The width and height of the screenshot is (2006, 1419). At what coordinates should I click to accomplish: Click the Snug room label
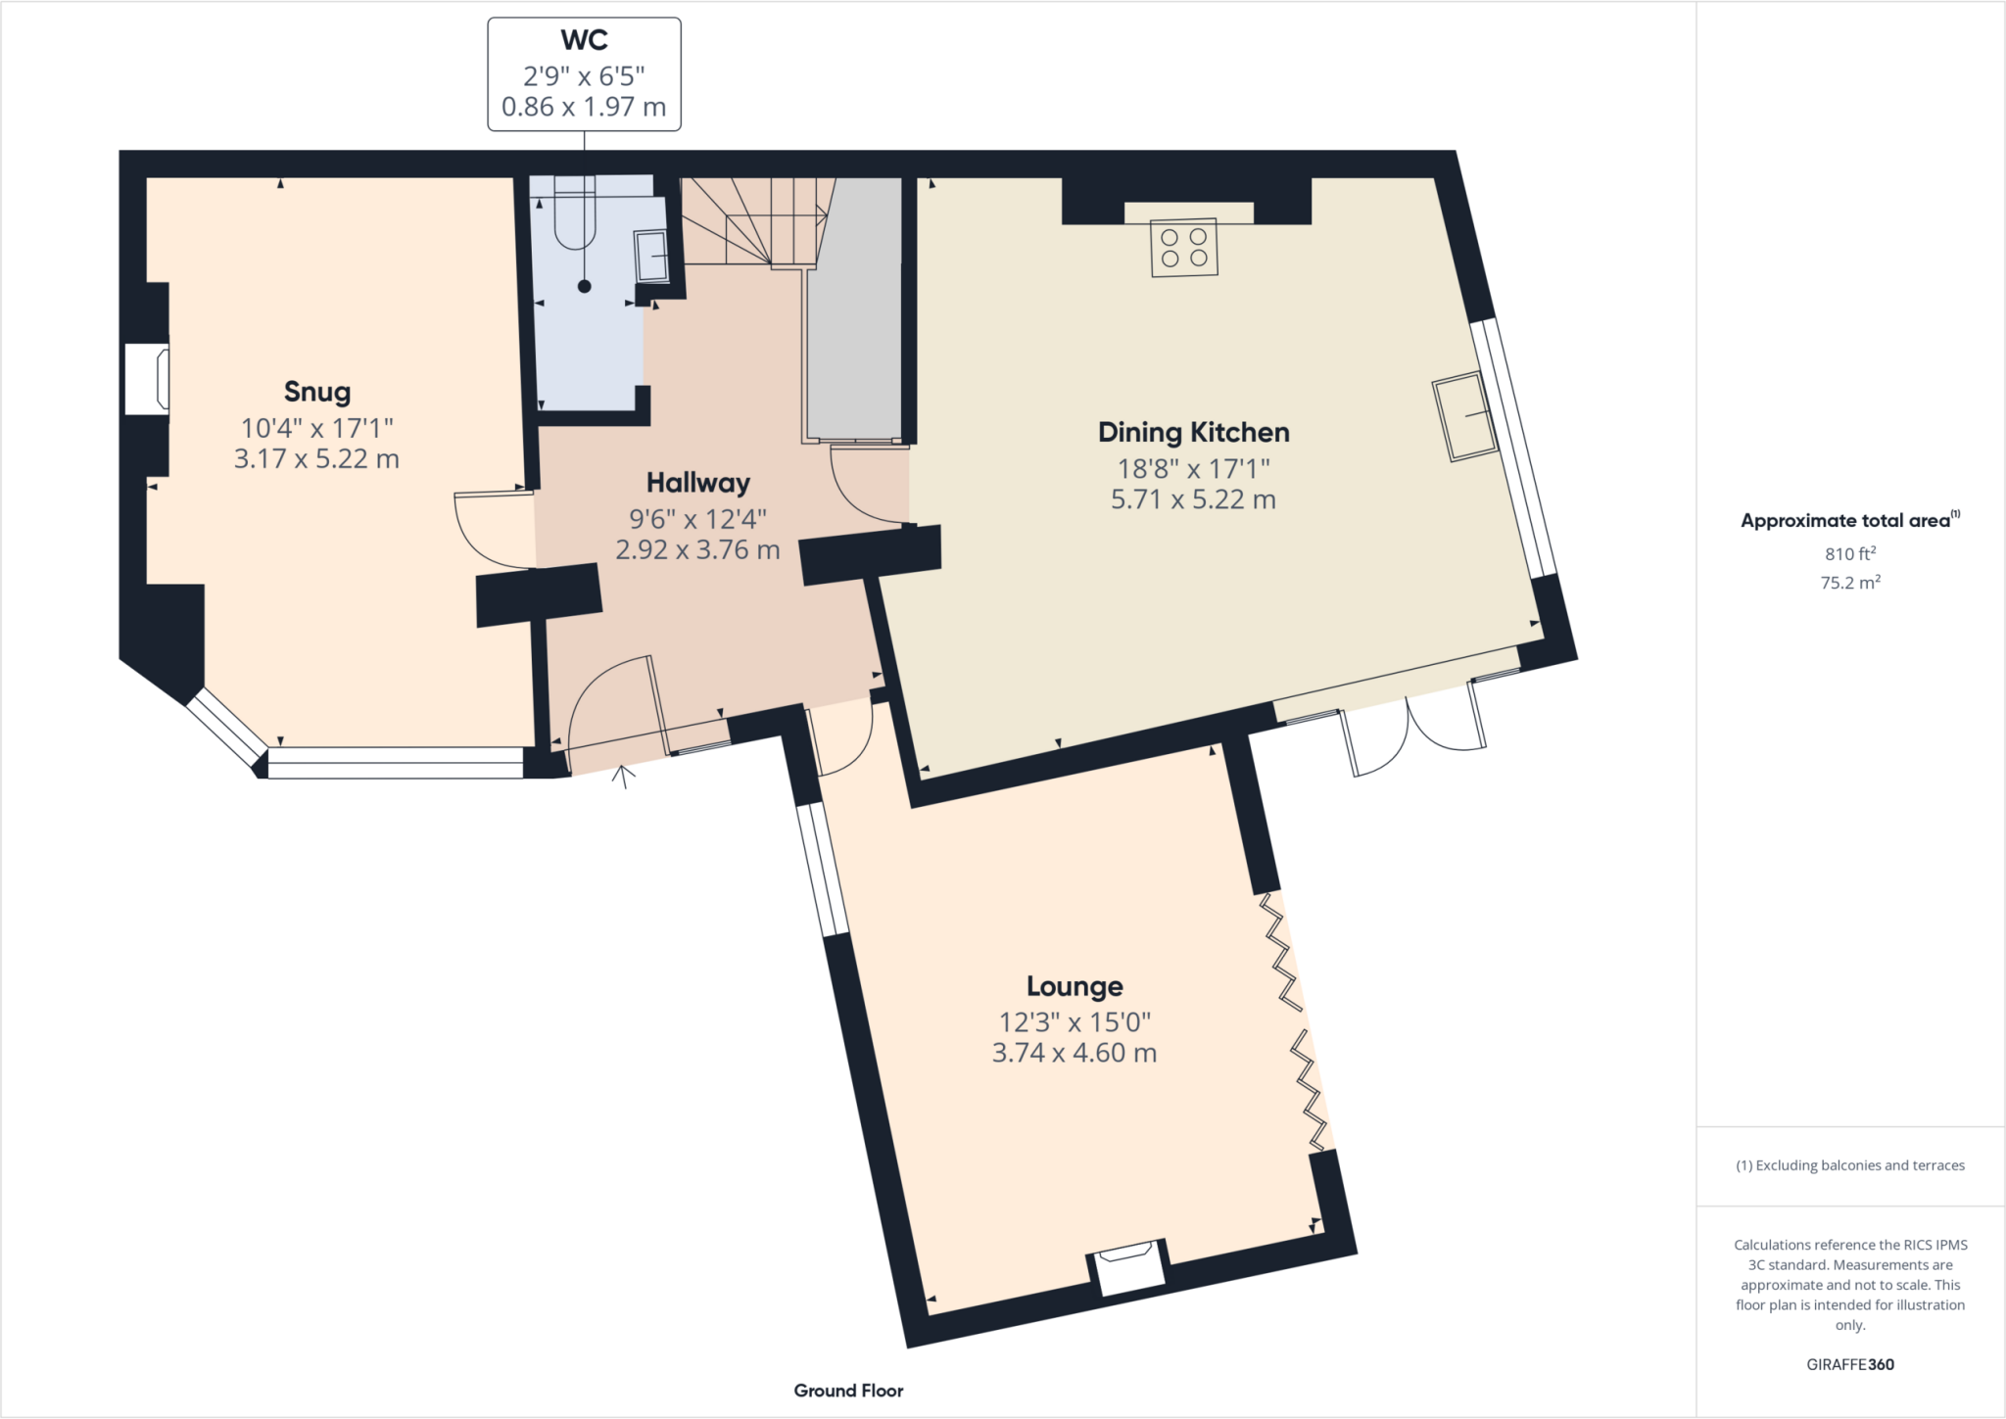coord(316,392)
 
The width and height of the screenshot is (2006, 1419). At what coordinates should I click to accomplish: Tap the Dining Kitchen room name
coord(1193,432)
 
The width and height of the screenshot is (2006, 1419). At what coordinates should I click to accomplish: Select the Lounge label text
coord(1075,986)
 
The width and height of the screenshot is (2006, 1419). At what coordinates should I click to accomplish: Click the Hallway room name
coord(697,483)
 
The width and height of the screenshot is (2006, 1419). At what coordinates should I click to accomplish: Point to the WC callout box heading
coord(584,40)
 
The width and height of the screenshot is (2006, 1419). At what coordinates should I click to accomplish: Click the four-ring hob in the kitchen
coord(1183,248)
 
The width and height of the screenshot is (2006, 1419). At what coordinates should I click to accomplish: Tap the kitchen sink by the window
coord(1465,416)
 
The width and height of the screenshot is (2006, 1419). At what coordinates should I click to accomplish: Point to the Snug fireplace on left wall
coord(147,378)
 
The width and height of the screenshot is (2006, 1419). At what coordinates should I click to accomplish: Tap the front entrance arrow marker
coord(622,776)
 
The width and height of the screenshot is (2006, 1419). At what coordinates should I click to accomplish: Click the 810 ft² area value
coord(1849,553)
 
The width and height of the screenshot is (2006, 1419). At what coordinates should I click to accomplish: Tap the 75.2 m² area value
coord(1849,583)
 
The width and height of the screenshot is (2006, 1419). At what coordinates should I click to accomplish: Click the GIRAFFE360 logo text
coord(1849,1364)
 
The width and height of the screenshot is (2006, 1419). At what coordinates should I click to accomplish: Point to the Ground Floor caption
coord(848,1391)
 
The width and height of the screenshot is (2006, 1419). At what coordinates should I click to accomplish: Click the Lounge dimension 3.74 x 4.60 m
coord(1075,1053)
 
